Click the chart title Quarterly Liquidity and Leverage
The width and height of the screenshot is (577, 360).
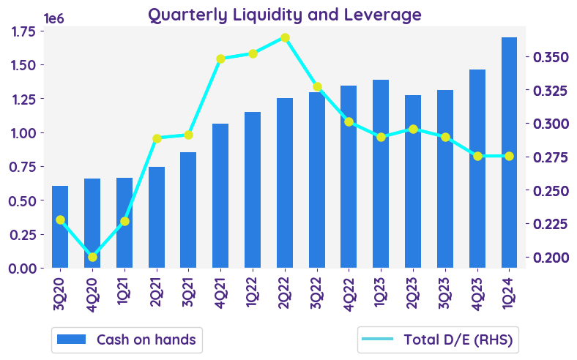coord(285,15)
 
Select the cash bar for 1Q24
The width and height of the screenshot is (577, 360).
coord(510,152)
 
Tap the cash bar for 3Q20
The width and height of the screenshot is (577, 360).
coord(60,227)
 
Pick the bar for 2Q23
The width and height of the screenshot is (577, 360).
coord(413,181)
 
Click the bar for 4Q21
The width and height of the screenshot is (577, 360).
coord(220,195)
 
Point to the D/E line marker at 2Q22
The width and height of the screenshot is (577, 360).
coord(285,37)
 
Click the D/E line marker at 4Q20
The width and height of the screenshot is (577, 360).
coord(92,257)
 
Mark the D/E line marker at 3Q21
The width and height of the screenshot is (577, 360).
coord(188,135)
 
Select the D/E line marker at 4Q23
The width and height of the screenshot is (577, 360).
coord(477,156)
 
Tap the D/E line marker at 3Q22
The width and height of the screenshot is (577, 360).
coord(317,86)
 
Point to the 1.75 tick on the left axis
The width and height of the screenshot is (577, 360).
coord(22,31)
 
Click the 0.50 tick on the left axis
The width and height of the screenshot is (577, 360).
coord(22,200)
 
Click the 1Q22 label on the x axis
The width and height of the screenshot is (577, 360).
coord(253,293)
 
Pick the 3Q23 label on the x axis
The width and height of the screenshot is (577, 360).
coord(445,293)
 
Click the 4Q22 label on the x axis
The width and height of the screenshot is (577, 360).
coord(349,293)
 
